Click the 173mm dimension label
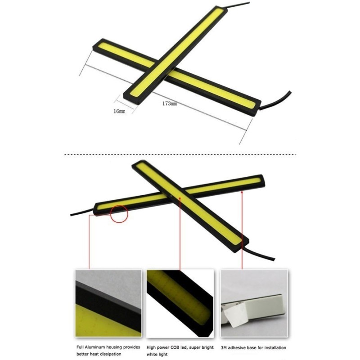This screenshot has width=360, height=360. point(170,104)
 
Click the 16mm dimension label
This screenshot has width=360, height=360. point(119,111)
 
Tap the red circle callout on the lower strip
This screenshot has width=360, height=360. point(119,214)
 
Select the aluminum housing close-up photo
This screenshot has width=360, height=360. point(108,303)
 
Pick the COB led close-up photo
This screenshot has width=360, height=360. point(180,303)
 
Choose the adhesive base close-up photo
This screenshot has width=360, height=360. point(254,303)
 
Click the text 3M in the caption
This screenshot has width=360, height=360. point(224,347)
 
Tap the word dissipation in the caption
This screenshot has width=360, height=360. point(110,354)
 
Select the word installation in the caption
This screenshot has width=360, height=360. point(274,347)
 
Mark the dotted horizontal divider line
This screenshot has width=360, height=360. point(180,155)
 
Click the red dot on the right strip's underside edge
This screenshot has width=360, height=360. point(242,192)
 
